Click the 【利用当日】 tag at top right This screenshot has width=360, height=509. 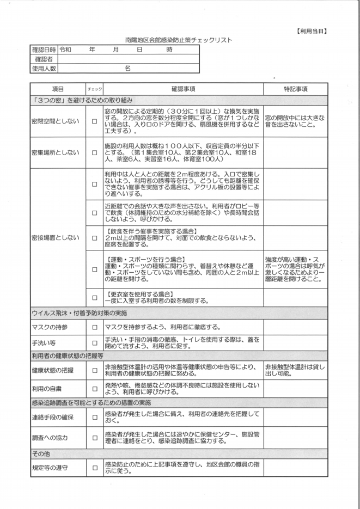pos(312,30)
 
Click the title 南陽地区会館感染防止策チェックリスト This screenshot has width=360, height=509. pos(178,40)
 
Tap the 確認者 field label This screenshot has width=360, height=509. pos(44,59)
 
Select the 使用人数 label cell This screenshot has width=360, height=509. pos(44,68)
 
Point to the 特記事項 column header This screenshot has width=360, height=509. pos(296,89)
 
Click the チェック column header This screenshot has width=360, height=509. pos(94,89)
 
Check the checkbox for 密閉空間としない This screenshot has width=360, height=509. pos(94,121)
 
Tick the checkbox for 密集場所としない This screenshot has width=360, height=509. pos(94,153)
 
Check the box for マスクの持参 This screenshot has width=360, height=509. pos(94,327)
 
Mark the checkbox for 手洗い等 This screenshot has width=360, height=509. pos(94,343)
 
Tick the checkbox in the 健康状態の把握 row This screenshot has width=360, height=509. pos(94,370)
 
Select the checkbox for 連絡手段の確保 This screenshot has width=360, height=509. pos(94,418)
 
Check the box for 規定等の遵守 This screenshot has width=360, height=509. pos(94,467)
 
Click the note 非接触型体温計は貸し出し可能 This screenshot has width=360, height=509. pos(295,370)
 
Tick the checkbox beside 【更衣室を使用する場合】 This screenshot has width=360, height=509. pos(94,298)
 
